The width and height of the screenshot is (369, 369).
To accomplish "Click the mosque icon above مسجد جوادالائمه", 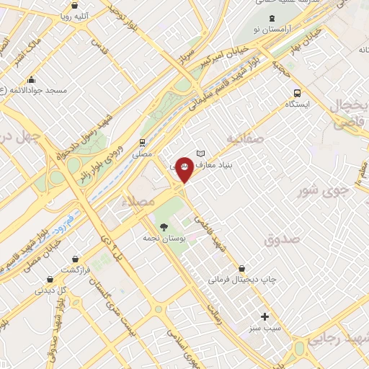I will pos(31,80).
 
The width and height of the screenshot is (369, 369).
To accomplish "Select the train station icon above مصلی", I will pos(143,142).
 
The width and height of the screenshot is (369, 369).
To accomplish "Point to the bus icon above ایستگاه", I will pos(297,92).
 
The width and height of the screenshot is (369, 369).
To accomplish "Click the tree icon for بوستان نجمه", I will pos(164,228).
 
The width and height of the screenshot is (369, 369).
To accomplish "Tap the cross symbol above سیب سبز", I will pos(264,316).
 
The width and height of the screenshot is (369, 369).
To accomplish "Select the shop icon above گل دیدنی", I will pos(49,278).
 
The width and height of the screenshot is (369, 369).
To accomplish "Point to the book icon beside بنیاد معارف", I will pos(201,154).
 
